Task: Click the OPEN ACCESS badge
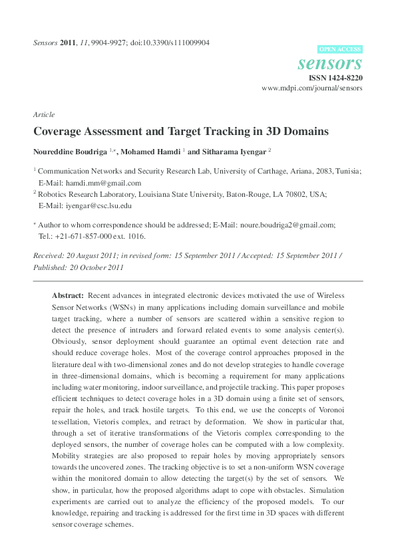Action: [340, 49]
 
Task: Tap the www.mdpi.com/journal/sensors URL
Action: [312, 88]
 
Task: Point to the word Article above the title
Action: [44, 114]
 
